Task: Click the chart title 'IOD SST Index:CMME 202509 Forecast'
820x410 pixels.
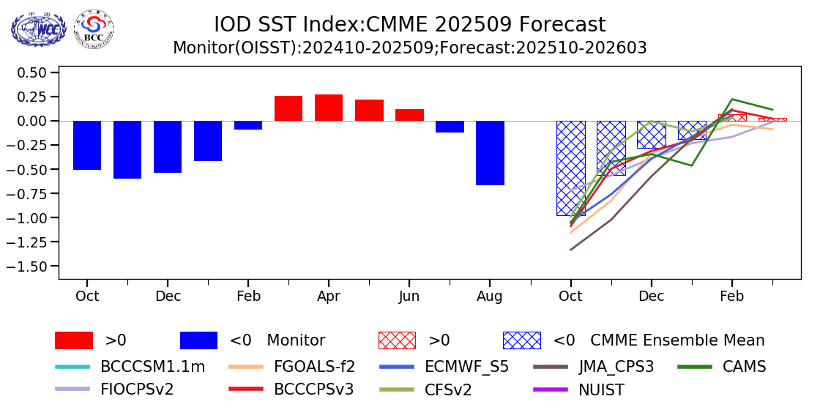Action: (x=410, y=25)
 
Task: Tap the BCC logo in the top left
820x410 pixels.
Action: (x=94, y=29)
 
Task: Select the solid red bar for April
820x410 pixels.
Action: (x=329, y=108)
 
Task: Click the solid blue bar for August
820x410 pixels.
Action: (x=490, y=153)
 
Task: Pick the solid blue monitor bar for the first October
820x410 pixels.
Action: (x=87, y=146)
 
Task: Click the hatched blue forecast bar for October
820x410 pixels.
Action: (x=570, y=168)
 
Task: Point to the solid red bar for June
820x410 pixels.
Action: (x=409, y=115)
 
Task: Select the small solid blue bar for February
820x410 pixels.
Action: (x=248, y=125)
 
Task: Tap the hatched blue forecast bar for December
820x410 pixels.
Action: (x=651, y=135)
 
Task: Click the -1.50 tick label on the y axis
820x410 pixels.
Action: (x=32, y=266)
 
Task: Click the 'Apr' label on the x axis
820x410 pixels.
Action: (x=329, y=297)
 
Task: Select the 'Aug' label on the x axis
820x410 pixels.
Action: (x=490, y=297)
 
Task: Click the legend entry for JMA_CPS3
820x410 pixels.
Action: (x=594, y=367)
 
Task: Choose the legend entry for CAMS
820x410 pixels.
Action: (x=722, y=367)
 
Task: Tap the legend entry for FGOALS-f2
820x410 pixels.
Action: (x=292, y=367)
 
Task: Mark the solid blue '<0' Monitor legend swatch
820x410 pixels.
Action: (x=198, y=340)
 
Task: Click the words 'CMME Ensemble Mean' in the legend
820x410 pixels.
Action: (x=677, y=340)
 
